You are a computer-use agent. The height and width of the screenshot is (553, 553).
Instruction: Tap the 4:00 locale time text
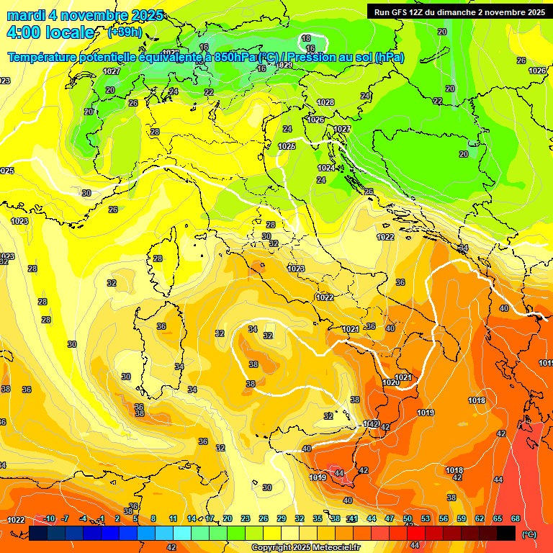(50, 32)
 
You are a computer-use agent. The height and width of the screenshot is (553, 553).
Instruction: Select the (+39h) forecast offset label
(124, 32)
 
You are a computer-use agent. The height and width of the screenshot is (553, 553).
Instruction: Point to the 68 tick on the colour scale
(516, 518)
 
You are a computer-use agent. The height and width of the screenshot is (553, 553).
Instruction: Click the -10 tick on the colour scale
(50, 518)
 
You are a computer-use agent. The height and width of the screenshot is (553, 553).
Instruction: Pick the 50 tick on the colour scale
(408, 518)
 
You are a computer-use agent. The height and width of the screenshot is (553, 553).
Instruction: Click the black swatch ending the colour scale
(506, 533)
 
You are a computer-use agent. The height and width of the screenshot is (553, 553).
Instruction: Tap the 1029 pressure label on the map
(284, 65)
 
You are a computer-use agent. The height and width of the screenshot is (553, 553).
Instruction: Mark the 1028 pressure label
(325, 102)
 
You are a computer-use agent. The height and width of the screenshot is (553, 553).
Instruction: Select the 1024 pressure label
(326, 168)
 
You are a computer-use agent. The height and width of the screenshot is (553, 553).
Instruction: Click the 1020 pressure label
(391, 382)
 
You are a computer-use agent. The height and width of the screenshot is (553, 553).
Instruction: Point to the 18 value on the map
(306, 38)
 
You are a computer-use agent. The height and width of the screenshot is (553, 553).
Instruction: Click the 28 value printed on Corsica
(158, 258)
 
